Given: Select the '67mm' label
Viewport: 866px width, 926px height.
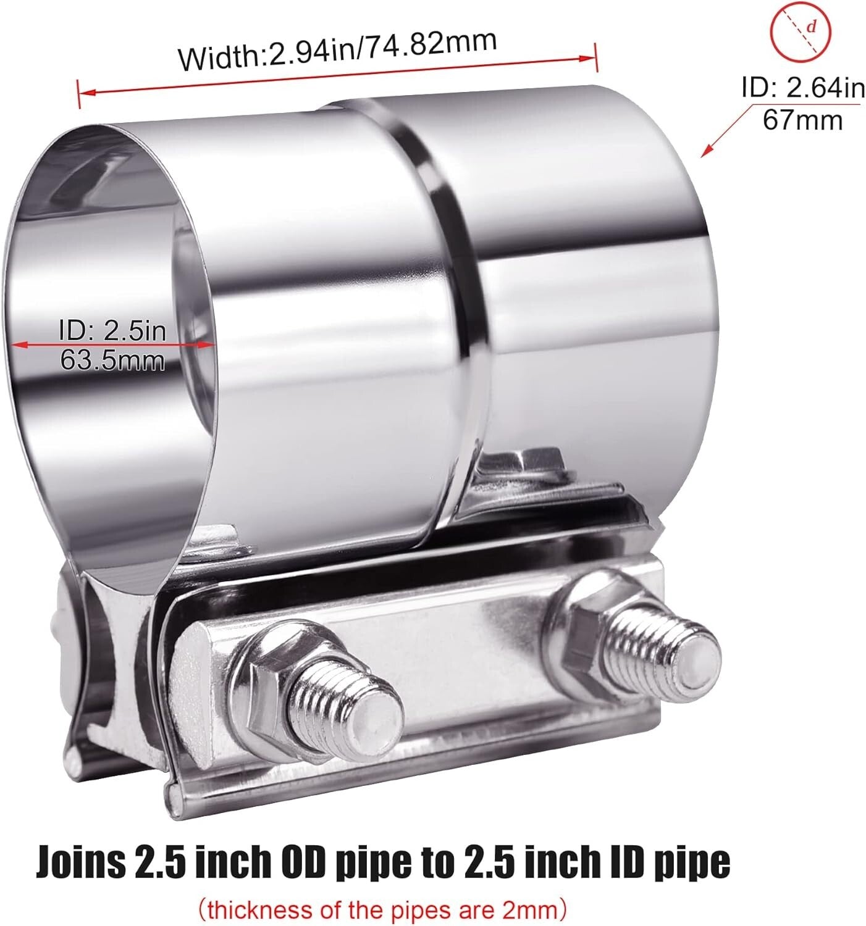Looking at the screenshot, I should (x=802, y=119).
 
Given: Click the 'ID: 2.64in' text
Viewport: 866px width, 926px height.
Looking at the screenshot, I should (x=802, y=89).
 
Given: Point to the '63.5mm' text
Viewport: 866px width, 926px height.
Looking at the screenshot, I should (x=112, y=359).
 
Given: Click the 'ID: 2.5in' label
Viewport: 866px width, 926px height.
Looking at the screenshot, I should (x=112, y=332).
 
